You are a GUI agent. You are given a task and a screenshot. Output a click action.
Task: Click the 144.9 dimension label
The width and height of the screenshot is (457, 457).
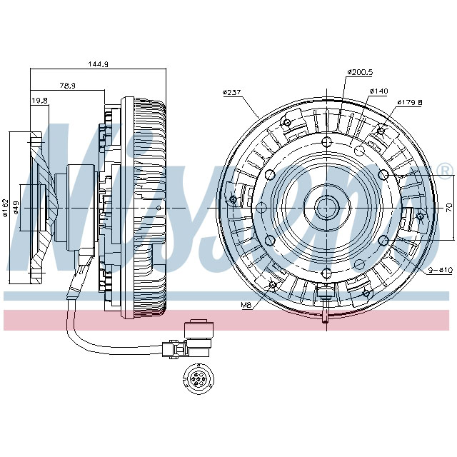98,64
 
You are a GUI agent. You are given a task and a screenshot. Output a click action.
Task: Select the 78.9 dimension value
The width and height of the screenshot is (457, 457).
67,86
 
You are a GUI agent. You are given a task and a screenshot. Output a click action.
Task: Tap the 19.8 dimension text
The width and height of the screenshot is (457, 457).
40,101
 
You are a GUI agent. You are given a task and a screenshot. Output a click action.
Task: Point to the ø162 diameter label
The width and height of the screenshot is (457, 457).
5,208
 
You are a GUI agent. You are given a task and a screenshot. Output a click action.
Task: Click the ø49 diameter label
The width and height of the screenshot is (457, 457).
15,208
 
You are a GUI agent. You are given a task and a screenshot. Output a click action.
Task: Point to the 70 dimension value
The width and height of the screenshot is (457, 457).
448,208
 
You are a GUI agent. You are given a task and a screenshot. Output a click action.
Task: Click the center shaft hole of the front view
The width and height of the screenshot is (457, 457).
326,208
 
